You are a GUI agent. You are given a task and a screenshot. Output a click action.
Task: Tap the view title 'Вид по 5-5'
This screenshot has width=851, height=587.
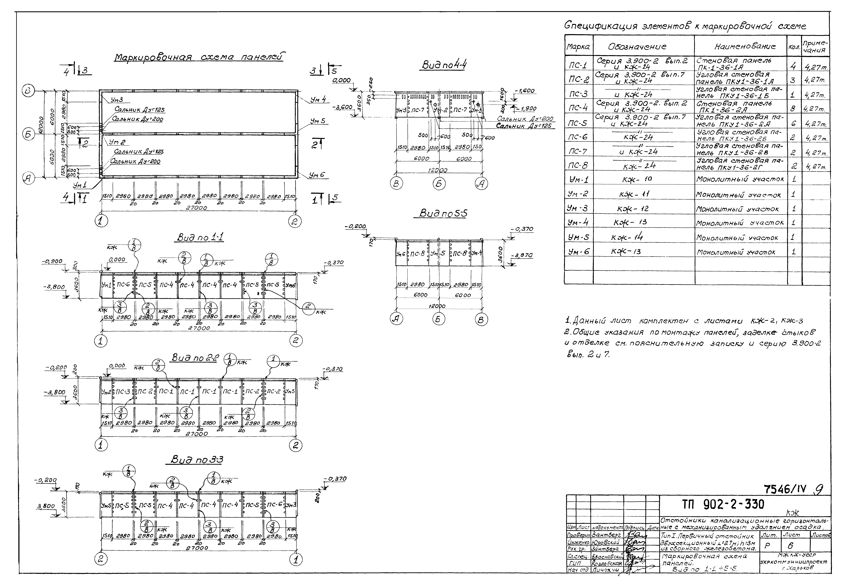tap(443, 214)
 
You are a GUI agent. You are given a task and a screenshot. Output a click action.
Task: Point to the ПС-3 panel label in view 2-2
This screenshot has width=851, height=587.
tap(122, 392)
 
